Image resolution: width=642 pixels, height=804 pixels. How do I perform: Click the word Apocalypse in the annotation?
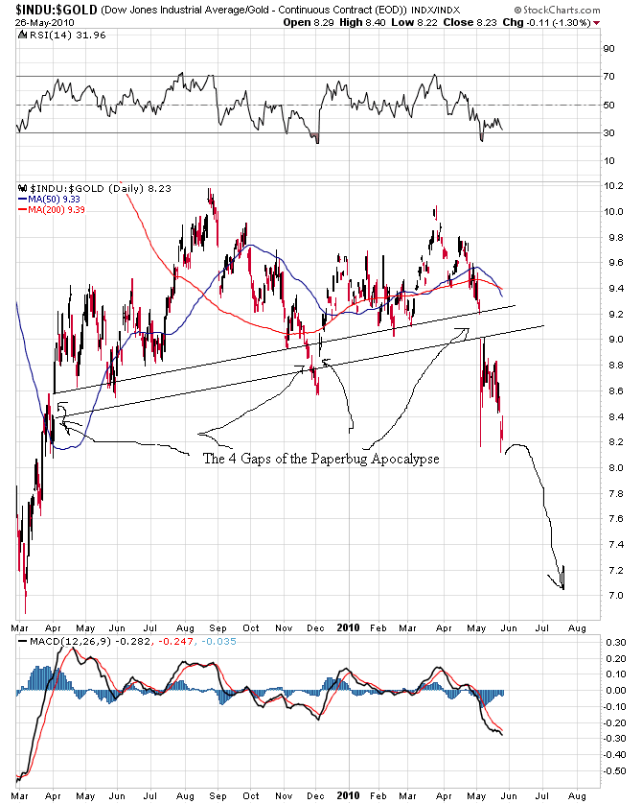click(406, 459)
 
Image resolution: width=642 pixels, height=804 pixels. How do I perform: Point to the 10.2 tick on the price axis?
click(613, 185)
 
